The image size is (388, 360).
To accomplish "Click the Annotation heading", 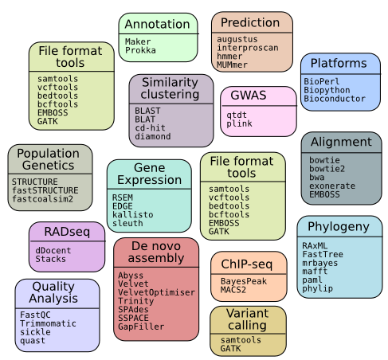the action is point(157,24).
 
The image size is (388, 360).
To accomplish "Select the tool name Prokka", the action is point(140,50).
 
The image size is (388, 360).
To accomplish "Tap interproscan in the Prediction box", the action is point(248,48).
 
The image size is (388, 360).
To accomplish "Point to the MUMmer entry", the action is point(232,65).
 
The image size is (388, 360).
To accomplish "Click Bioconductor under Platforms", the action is point(335,99).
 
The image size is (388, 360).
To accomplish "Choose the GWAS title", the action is point(249,96).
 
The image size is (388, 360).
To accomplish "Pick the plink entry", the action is point(239,123).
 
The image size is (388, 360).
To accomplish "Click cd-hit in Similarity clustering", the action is point(150,128).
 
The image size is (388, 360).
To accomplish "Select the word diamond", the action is point(153,136).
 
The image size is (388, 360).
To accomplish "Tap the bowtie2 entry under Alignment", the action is point(327,169).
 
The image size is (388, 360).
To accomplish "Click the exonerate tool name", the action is point(332,186).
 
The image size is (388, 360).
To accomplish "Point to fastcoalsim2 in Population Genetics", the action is point(42,199).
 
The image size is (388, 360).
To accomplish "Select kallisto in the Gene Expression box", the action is point(133,215).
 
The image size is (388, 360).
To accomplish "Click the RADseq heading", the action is point(67,232).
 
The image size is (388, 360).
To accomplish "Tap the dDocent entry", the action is point(53,250).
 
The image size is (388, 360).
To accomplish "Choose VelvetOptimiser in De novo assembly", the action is point(156,292).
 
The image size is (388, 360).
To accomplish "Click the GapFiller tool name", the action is point(141,327).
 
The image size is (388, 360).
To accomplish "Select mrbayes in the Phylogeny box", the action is point(320,263).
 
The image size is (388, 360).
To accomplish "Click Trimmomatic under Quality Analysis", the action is point(48,323).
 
